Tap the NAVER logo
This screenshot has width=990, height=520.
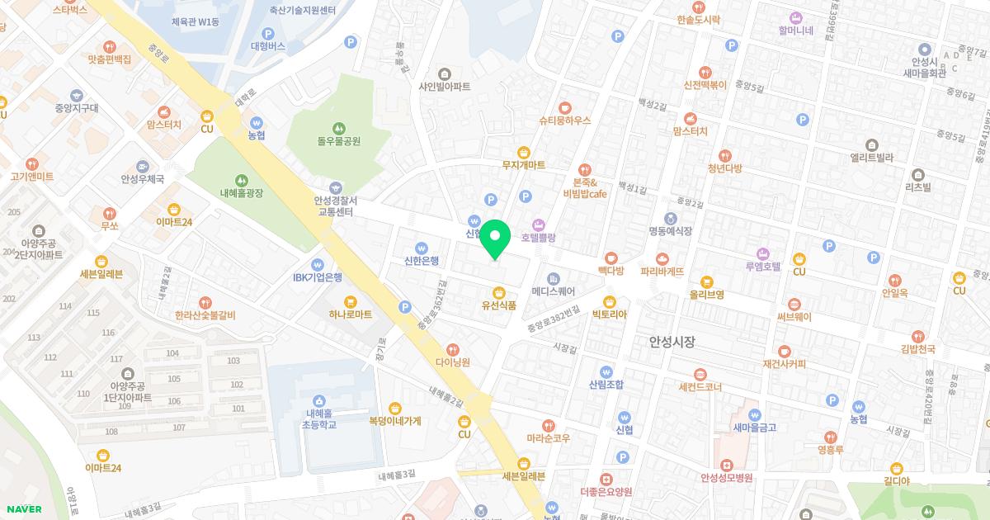point(21,508)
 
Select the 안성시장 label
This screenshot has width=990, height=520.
point(672,341)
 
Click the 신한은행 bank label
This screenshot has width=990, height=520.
point(422,261)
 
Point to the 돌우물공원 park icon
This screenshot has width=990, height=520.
point(338,128)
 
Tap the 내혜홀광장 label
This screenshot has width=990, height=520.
point(241,192)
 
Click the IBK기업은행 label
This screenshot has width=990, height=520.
point(317,277)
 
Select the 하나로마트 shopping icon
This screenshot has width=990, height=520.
point(350,301)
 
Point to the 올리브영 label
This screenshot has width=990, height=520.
point(707,294)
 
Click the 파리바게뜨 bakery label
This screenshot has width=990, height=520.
point(662,271)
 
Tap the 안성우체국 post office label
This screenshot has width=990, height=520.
point(143,179)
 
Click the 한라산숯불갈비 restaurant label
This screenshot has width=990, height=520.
point(205,314)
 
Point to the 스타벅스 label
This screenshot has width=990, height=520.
point(69,11)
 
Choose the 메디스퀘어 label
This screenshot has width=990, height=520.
point(553,291)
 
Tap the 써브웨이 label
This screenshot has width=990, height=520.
point(794,317)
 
